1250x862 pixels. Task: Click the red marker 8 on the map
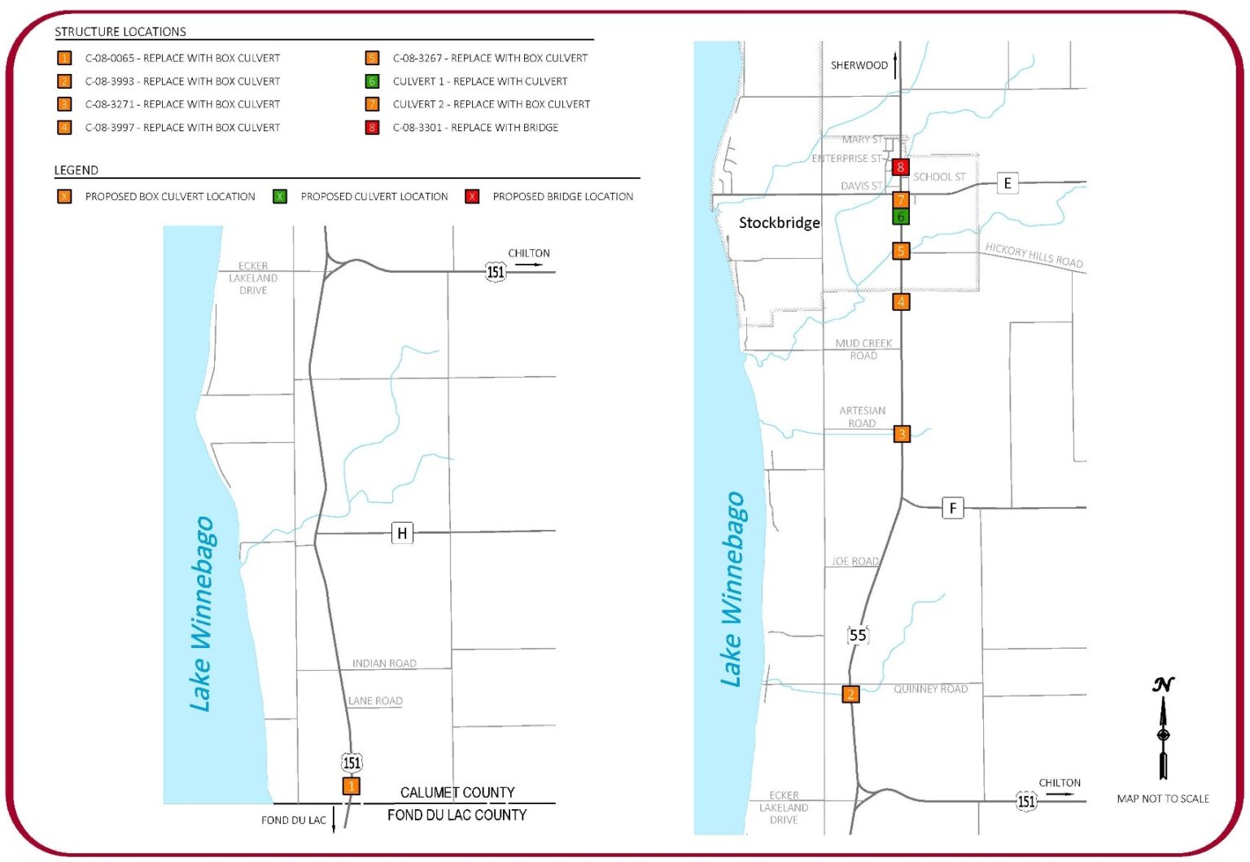click(899, 168)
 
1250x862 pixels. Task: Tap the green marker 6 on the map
click(900, 217)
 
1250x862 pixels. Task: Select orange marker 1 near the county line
click(351, 786)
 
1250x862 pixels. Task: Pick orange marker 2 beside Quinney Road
click(850, 694)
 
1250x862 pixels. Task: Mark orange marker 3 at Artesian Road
click(902, 434)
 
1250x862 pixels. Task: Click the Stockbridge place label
click(779, 223)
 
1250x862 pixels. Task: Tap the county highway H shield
click(402, 533)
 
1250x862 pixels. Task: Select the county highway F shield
click(952, 508)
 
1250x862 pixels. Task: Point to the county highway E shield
click(1007, 183)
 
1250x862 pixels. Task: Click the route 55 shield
click(858, 635)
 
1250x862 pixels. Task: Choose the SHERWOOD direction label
click(859, 65)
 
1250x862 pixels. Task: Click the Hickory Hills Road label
click(1034, 255)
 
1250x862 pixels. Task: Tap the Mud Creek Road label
click(863, 349)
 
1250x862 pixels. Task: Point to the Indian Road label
click(384, 663)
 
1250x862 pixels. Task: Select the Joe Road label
click(854, 562)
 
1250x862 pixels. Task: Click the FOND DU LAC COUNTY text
click(457, 815)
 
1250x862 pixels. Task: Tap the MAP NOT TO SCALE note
click(1162, 799)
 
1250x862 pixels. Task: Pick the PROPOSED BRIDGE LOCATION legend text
click(562, 197)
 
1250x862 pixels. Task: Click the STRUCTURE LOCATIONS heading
click(120, 32)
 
